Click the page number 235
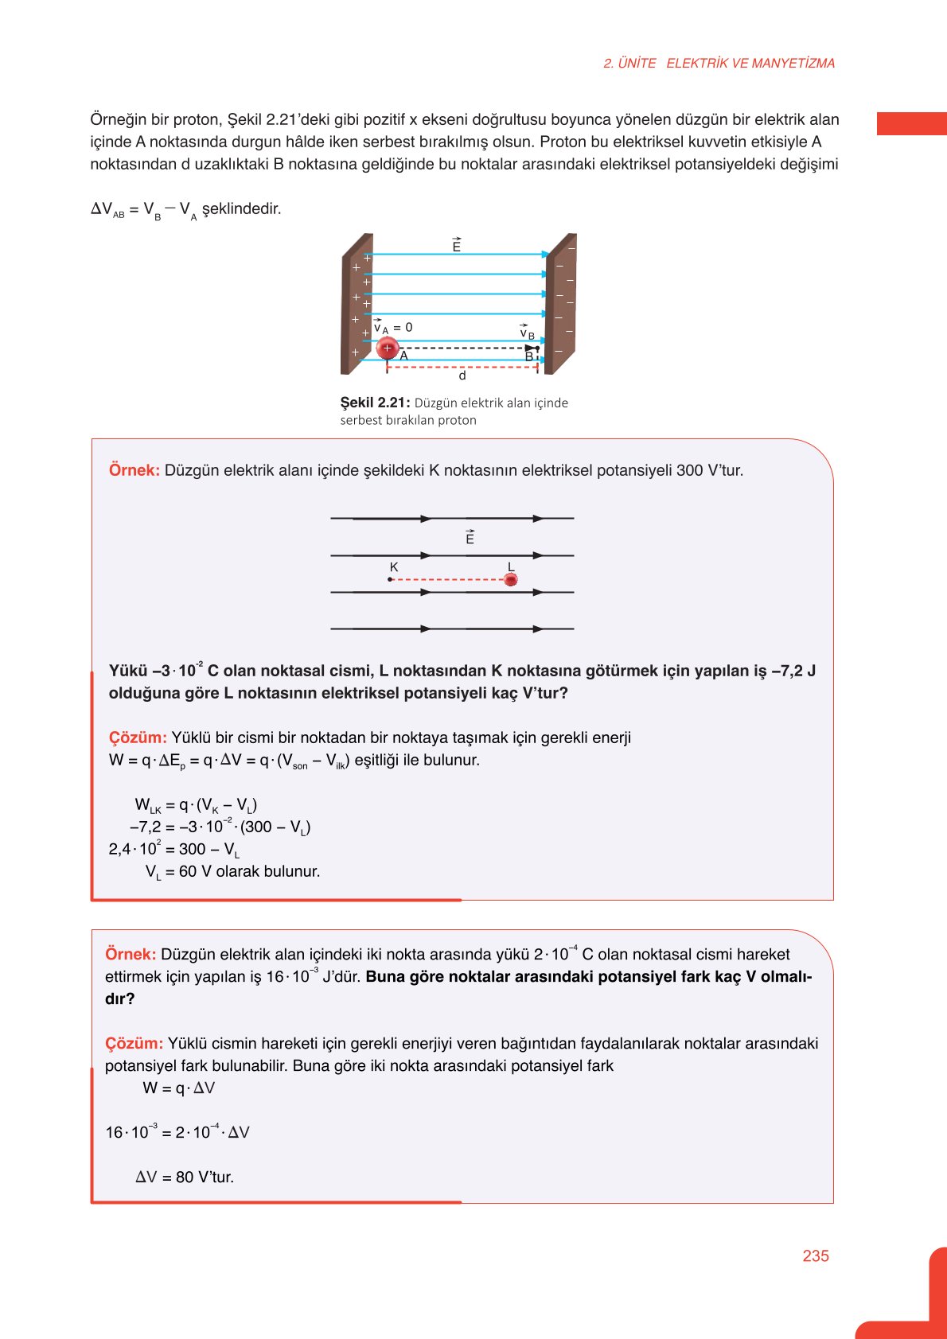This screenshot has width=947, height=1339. coord(815,1255)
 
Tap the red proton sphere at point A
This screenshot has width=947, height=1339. coord(388,348)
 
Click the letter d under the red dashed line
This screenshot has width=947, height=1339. coord(462,376)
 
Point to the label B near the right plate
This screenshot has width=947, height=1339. coord(528,357)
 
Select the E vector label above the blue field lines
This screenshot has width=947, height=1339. coord(456,246)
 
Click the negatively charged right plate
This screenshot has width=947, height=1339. coord(561,302)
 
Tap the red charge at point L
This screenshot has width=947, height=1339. coord(511,580)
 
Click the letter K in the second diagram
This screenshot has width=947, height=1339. coord(393,567)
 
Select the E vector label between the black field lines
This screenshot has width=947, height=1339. coord(470,538)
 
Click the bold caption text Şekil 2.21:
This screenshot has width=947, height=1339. coord(375,403)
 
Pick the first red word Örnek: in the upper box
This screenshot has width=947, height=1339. coord(134,470)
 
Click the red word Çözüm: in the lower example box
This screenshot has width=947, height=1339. coord(134,1043)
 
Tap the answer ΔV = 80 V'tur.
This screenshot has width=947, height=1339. coord(185,1177)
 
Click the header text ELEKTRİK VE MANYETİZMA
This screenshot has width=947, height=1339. coord(750,64)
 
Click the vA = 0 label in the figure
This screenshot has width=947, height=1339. coord(393,328)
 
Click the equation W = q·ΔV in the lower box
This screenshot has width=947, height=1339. coord(178,1088)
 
